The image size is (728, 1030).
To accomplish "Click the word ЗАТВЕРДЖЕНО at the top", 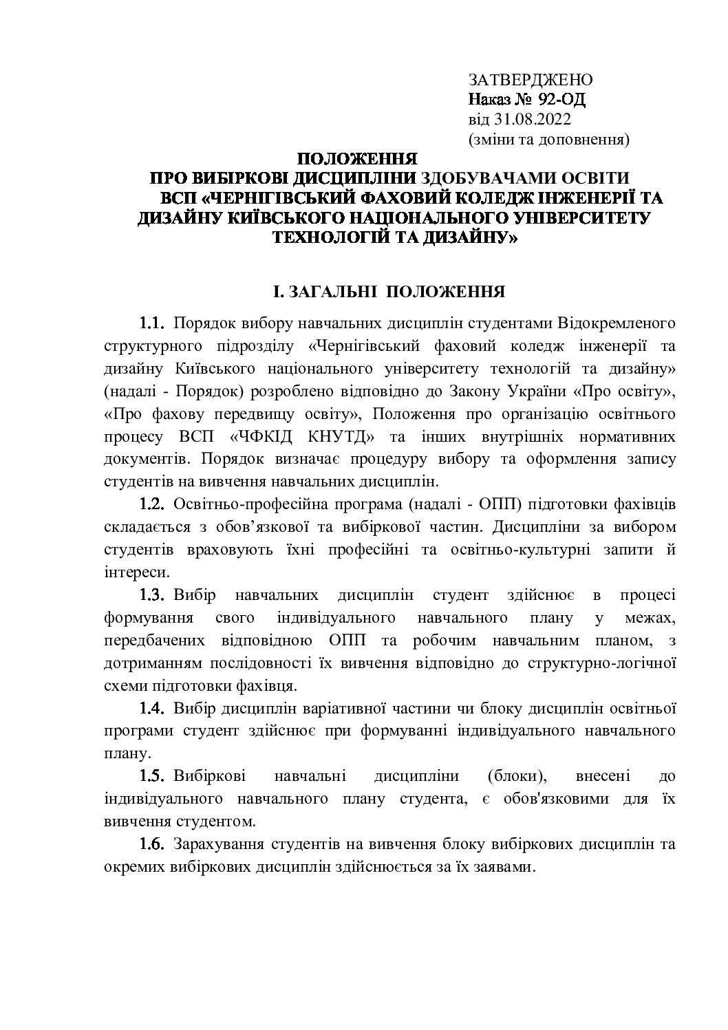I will tap(531, 80).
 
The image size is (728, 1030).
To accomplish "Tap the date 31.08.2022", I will tap(531, 120).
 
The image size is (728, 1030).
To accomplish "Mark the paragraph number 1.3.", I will tap(153, 594).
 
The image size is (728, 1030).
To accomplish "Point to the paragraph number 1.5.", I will tap(153, 776).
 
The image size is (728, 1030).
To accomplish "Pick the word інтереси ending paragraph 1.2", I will tap(135, 572).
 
